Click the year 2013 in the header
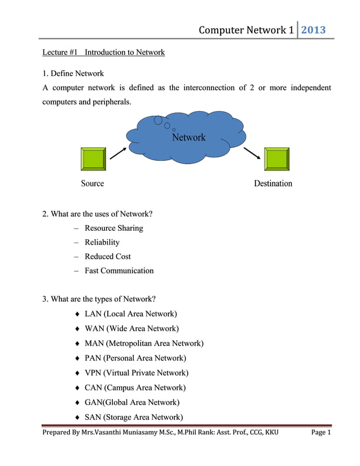[313, 30]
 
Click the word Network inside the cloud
[188, 137]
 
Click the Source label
[93, 183]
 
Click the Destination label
[273, 183]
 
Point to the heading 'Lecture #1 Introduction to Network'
[104, 52]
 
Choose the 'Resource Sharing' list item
[114, 228]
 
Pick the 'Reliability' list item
[102, 242]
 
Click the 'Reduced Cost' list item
[108, 256]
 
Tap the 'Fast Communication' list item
[119, 270]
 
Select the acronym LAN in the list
[93, 314]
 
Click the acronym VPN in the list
[93, 373]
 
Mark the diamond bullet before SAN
[76, 417]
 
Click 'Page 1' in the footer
[321, 433]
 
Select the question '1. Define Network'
[73, 73]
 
